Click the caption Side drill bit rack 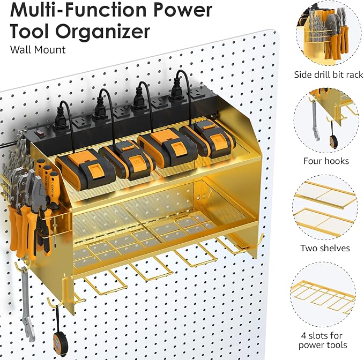pyautogui.click(x=328, y=74)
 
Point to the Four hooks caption pyautogui.click(x=326, y=161)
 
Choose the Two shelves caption pyautogui.click(x=326, y=248)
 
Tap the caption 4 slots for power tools pyautogui.click(x=324, y=340)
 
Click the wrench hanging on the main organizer pyautogui.click(x=25, y=300)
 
